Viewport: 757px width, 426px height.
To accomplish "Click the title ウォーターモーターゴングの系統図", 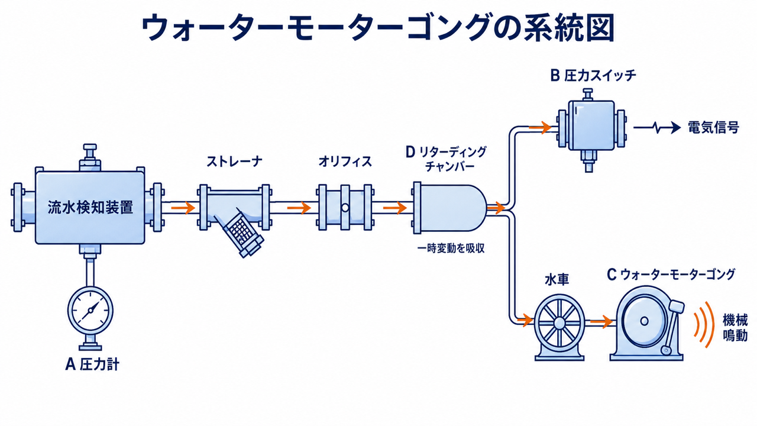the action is coord(378,28).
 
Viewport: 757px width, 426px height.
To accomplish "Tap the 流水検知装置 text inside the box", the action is coord(90,207).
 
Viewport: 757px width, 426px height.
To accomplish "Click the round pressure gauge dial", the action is coord(90,311).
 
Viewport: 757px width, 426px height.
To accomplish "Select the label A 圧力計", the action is coord(92,364).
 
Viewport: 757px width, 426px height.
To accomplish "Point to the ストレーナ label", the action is coord(234,162).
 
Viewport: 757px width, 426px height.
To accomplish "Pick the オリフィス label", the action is coord(345,162).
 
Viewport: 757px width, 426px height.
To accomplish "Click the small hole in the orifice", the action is coord(345,208).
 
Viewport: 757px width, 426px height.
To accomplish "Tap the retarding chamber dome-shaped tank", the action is coord(450,208).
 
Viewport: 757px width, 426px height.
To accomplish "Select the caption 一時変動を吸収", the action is coord(451,248).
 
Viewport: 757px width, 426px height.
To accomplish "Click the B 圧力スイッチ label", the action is coord(593,76).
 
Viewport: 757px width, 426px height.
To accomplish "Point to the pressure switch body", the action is coord(591,125).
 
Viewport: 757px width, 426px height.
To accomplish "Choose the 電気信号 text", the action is coord(713,127).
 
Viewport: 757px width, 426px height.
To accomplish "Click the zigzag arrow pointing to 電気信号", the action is coord(656,128).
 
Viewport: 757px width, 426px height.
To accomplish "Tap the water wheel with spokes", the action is coord(559,321).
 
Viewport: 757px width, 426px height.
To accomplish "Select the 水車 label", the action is coord(557,280).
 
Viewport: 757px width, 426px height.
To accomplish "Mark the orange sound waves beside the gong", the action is coord(704,325).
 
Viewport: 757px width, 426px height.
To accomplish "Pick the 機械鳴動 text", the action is coord(735,327).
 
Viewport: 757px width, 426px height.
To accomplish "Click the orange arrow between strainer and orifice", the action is coord(299,208).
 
